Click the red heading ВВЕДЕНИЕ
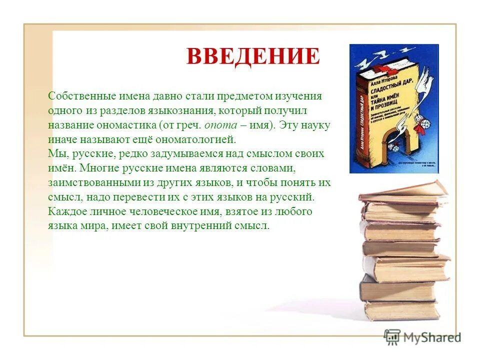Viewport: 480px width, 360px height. pyautogui.click(x=253, y=56)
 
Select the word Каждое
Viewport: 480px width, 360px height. pyautogui.click(x=65, y=211)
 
